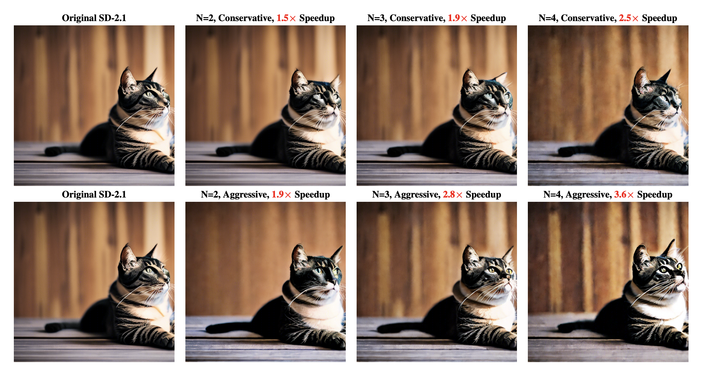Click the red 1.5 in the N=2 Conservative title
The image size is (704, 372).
[282, 18]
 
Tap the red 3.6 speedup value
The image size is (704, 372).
[620, 195]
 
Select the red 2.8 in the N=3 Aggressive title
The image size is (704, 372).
[449, 195]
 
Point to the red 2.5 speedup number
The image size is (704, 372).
[625, 18]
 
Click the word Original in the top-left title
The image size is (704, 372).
[78, 18]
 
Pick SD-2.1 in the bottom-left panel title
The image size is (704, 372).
[112, 195]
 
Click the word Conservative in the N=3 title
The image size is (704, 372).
[417, 18]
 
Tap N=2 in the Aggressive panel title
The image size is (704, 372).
[211, 195]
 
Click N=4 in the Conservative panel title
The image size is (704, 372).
[549, 18]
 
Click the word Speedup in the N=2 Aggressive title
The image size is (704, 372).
[312, 195]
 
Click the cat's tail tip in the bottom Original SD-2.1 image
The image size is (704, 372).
[49, 328]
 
